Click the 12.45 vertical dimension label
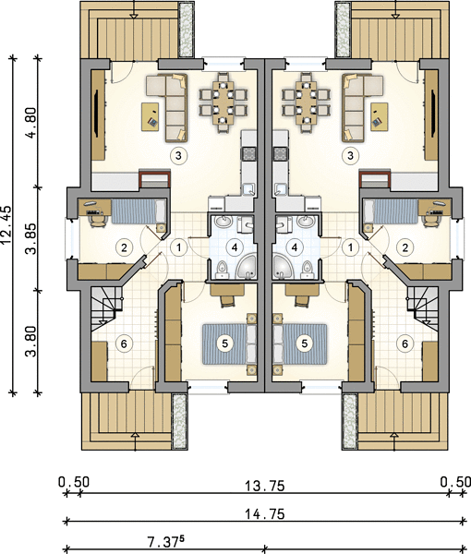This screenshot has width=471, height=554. tap(6, 225)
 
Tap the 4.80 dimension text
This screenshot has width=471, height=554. tap(30, 123)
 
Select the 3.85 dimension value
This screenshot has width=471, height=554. tap(30, 238)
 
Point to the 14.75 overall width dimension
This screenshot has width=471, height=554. tap(265, 513)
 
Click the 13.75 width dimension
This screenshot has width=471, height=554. tap(265, 487)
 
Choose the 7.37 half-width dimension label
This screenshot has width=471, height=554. tap(166, 542)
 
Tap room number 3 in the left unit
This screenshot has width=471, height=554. tap(178, 155)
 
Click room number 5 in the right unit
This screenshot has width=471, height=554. tap(305, 343)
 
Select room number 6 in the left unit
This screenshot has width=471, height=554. tap(124, 343)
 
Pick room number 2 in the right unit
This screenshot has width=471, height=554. tap(405, 247)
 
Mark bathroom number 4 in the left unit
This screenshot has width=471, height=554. tap(235, 247)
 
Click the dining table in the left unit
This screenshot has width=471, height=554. tap(223, 102)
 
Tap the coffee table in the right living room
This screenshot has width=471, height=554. tap(380, 116)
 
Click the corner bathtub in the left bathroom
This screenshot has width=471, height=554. tap(248, 266)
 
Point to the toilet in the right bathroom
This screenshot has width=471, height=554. tap(306, 270)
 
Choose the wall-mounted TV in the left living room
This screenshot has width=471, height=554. tap(96, 113)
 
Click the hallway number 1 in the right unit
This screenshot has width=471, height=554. tap(351, 247)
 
